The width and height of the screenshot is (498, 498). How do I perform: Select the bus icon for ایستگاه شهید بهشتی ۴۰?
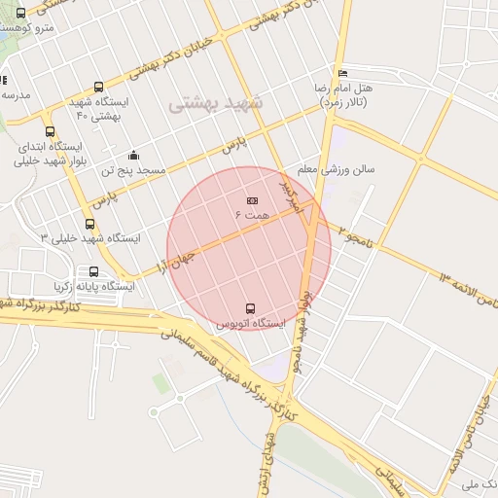coord(96,87)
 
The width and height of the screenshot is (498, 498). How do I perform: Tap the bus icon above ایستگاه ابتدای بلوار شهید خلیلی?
coord(50,132)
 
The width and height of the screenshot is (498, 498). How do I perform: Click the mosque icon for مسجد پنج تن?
coord(132,156)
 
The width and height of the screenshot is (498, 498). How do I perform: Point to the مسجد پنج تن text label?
coord(138,170)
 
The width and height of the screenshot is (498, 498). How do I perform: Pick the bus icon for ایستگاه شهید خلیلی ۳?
coord(90,225)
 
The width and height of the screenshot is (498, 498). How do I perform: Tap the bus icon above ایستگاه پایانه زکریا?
coord(93,272)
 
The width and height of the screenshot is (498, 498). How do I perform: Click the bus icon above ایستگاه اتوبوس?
coord(251,308)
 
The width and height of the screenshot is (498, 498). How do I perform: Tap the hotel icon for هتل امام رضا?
coord(340,74)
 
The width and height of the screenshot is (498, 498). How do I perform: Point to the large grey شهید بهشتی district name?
coord(217,104)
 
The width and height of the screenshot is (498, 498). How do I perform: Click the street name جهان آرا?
coord(175,260)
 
